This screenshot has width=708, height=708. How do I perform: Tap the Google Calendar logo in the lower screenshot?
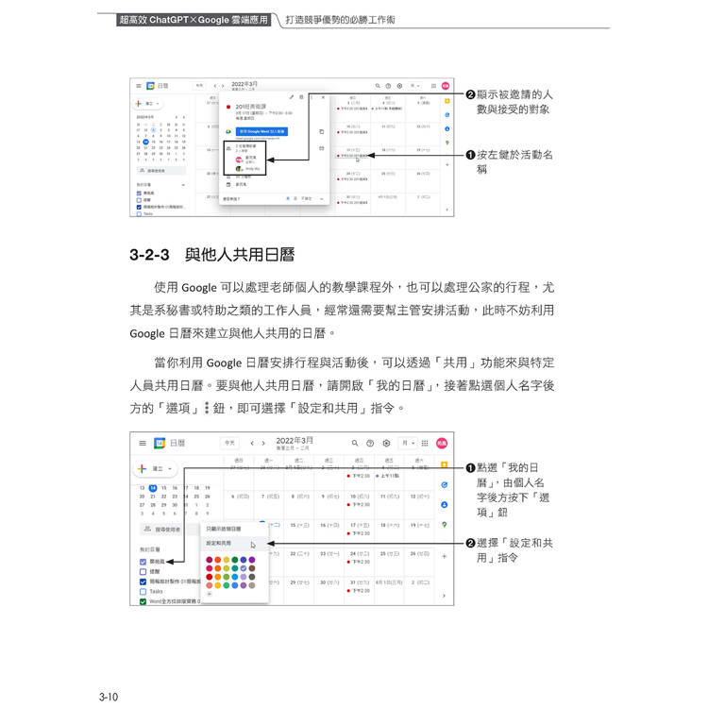pyautogui.click(x=160, y=443)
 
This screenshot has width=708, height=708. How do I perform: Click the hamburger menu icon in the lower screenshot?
pyautogui.click(x=142, y=443)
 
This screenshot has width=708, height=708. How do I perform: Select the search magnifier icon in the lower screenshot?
pyautogui.click(x=355, y=443)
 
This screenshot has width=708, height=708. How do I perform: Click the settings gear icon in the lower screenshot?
pyautogui.click(x=386, y=443)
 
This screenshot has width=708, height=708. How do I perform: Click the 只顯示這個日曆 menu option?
pyautogui.click(x=224, y=529)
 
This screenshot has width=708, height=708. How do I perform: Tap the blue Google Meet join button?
pyautogui.click(x=261, y=131)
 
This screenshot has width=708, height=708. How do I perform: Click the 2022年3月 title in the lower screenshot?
pyautogui.click(x=295, y=440)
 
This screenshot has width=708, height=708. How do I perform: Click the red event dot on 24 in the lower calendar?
pyautogui.click(x=349, y=563)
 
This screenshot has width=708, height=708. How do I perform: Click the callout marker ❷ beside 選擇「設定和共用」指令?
pyautogui.click(x=470, y=543)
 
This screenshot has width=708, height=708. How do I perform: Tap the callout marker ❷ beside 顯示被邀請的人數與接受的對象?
pyautogui.click(x=470, y=94)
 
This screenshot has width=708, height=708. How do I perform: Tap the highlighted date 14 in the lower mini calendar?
pyautogui.click(x=153, y=487)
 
